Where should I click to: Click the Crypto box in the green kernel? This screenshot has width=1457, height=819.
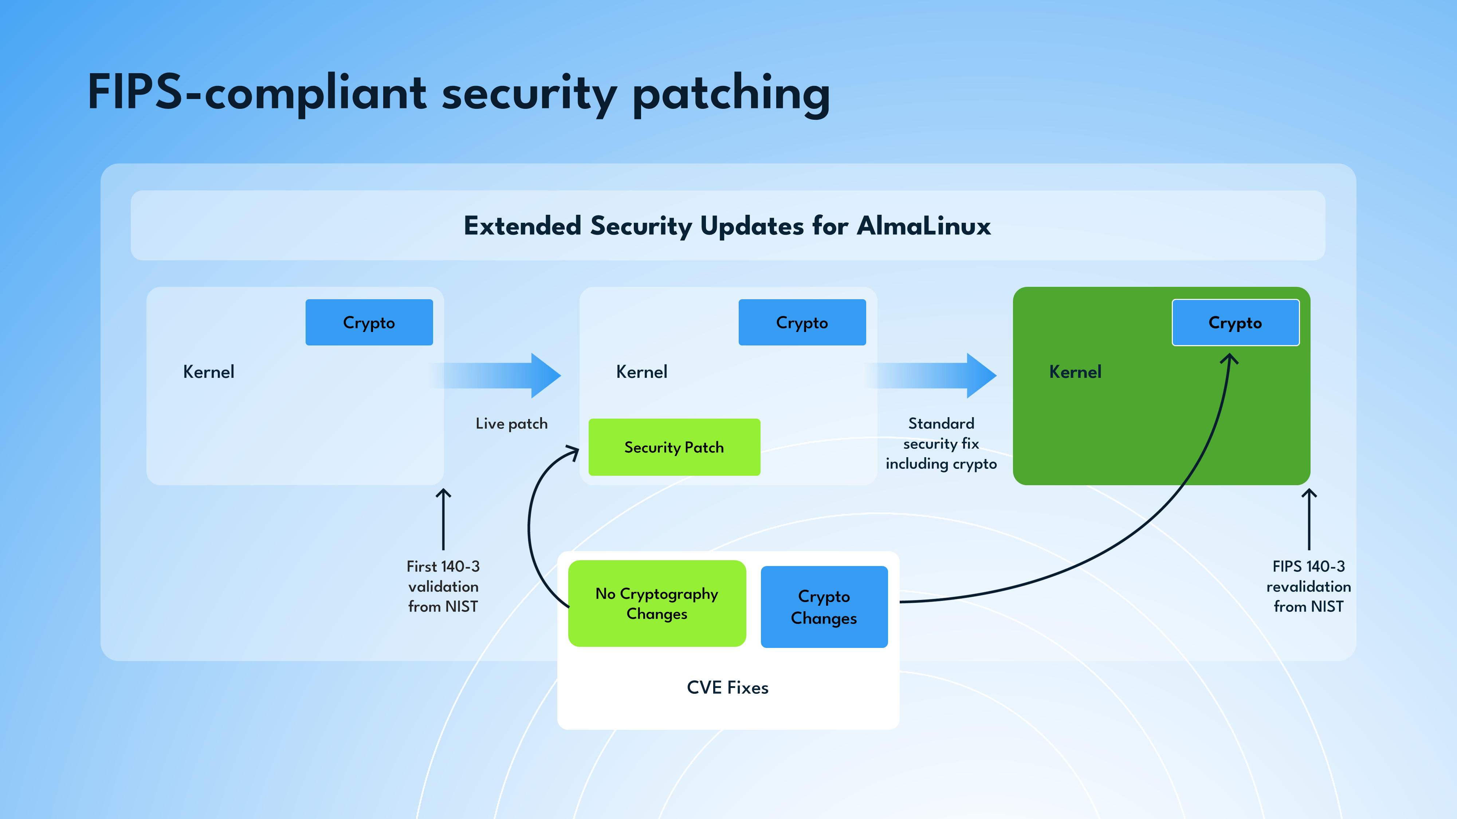(1235, 322)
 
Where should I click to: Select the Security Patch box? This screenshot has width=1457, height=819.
(674, 447)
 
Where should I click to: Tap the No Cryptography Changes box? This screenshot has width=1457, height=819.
(657, 603)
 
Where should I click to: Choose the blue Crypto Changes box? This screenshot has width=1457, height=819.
(824, 606)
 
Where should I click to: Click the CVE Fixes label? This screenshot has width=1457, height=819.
(727, 687)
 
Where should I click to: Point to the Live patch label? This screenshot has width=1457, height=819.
(511, 423)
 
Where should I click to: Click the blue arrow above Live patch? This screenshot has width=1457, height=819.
(495, 375)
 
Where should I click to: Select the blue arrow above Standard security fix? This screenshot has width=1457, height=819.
(930, 375)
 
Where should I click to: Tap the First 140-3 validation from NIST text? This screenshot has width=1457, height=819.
(443, 586)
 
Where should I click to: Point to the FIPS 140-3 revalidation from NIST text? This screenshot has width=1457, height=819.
(1308, 586)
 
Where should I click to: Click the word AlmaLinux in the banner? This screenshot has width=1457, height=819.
(924, 226)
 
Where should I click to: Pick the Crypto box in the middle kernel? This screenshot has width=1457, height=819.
(802, 322)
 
